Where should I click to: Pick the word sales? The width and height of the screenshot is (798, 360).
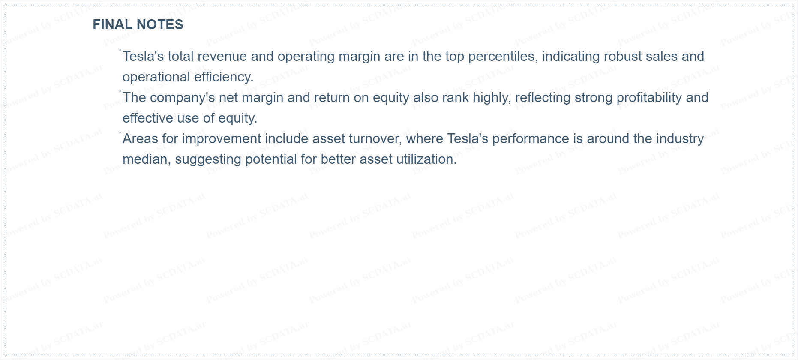click(x=663, y=56)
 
